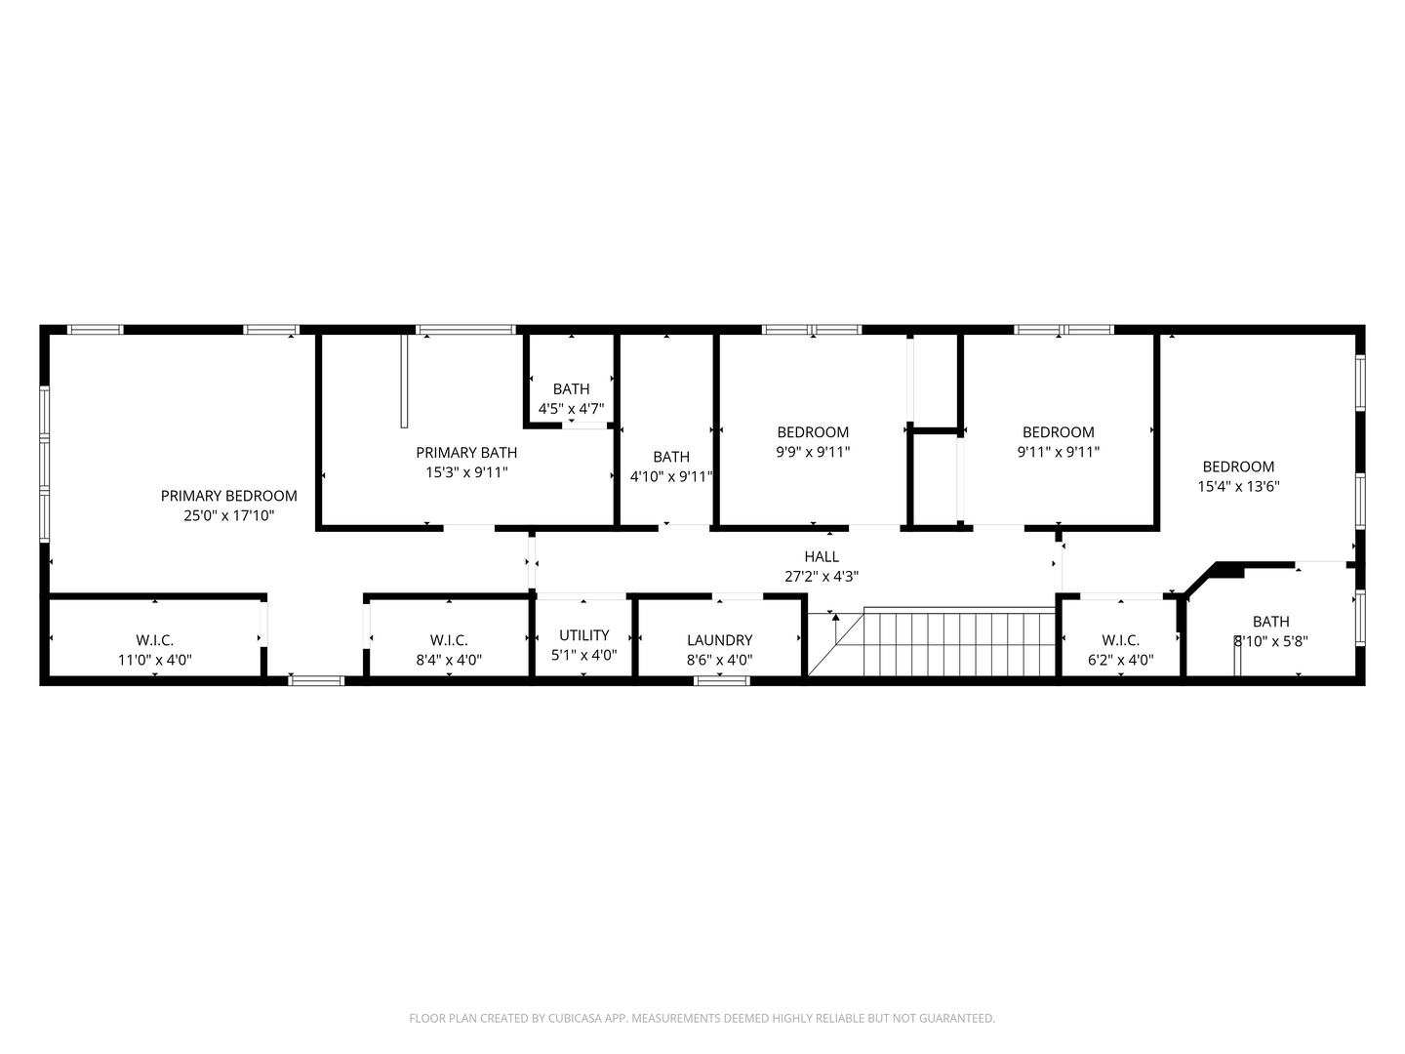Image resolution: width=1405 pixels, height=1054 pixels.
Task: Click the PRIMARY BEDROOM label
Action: point(228,496)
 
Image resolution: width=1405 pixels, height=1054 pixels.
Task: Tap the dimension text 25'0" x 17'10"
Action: point(228,515)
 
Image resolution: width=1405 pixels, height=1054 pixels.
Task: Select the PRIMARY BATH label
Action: point(466,453)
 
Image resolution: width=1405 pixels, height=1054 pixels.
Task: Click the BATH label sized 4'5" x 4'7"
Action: point(571,389)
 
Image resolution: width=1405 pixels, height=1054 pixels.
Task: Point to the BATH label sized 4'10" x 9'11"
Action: point(670,457)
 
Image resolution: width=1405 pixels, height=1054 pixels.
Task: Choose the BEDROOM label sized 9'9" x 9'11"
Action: point(813,432)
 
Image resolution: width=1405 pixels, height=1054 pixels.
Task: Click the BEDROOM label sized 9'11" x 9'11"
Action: point(1058,432)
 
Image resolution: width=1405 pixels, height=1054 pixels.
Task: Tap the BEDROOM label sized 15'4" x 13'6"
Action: point(1238,466)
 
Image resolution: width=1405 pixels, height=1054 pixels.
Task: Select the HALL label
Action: point(822,556)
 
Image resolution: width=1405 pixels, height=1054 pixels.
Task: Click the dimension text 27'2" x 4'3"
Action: point(822,577)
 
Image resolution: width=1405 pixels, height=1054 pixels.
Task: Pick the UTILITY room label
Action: point(583,635)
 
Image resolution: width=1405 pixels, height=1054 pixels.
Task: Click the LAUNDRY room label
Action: point(719,640)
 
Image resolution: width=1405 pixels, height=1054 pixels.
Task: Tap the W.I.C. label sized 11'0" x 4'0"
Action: point(154,640)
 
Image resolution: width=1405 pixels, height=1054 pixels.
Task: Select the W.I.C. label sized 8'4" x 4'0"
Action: point(449,640)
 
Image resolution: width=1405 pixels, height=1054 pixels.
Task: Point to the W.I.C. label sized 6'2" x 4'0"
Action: point(1120,640)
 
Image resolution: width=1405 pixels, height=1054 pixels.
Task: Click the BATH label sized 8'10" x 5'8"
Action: point(1270,622)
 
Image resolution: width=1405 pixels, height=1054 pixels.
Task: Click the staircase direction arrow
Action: point(835,619)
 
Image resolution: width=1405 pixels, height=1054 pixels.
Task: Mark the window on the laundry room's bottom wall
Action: point(722,680)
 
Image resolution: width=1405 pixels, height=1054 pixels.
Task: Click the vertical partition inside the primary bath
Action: point(404,382)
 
